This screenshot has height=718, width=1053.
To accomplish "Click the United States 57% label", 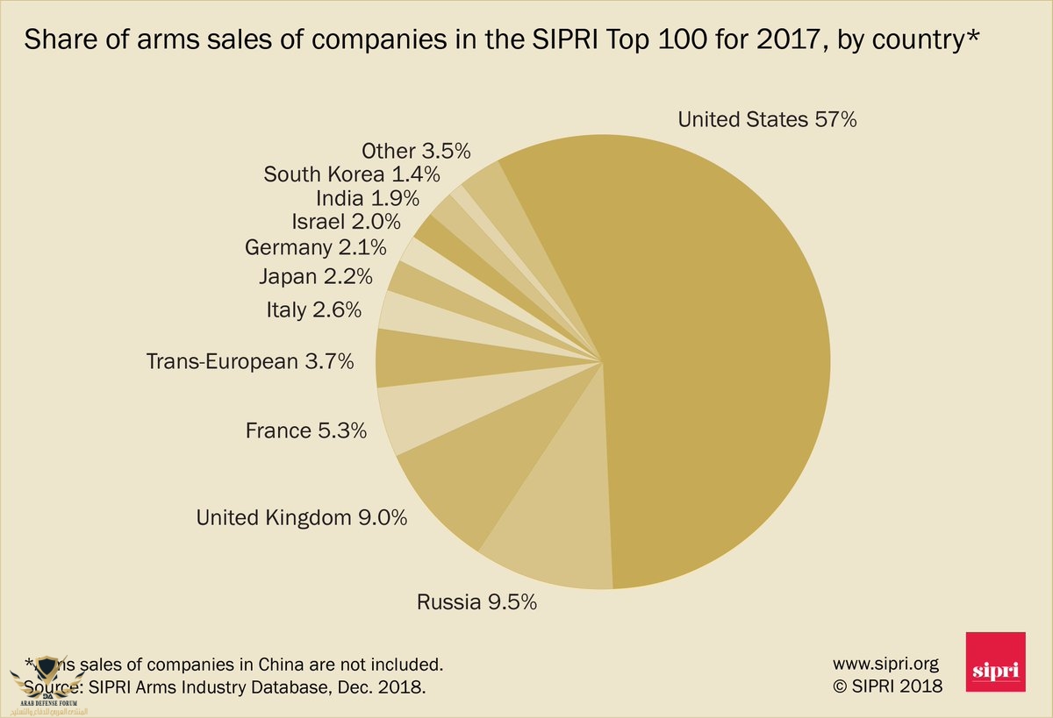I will [x=767, y=120].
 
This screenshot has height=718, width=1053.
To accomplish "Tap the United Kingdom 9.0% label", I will [x=302, y=518].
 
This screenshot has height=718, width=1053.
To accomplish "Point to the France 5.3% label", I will [x=305, y=430].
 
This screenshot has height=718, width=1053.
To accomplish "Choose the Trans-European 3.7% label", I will [x=250, y=360].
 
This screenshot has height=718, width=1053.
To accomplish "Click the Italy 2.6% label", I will [x=313, y=309].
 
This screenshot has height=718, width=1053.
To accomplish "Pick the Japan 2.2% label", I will [x=315, y=277].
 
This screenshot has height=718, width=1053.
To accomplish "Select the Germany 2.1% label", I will [x=316, y=248].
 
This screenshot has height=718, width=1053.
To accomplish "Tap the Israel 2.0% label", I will [x=346, y=222].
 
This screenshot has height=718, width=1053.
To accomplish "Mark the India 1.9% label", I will [x=367, y=197].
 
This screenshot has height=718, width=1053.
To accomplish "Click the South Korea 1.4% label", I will [x=352, y=174].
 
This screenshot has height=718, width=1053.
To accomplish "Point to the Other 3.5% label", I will [x=416, y=150].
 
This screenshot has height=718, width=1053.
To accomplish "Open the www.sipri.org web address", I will [x=885, y=663].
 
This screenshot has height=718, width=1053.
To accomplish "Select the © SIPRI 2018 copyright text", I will [x=887, y=686].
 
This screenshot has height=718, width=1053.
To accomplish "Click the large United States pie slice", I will [x=702, y=351].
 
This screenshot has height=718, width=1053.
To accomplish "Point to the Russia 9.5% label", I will [x=476, y=602].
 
